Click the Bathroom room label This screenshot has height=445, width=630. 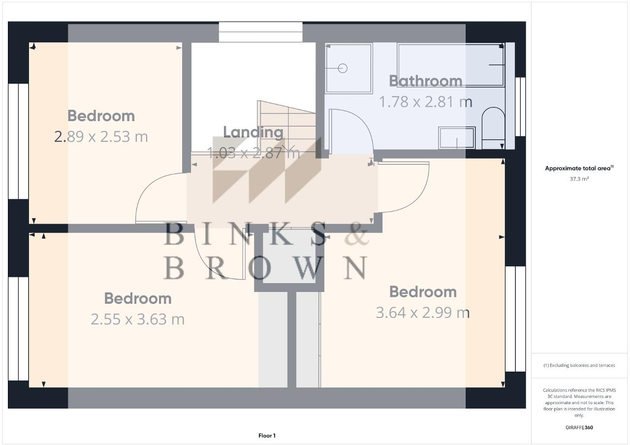pyautogui.click(x=425, y=81)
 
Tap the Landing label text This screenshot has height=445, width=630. pyautogui.click(x=253, y=132)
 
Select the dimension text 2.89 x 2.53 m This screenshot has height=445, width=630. pyautogui.click(x=101, y=136)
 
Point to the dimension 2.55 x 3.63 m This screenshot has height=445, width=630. pyautogui.click(x=137, y=319)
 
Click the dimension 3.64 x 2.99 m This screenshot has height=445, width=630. pyautogui.click(x=422, y=313)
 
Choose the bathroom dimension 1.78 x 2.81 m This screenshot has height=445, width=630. pyautogui.click(x=425, y=102)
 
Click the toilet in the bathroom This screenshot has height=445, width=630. pyautogui.click(x=493, y=128)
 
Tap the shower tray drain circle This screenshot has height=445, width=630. pyautogui.click(x=343, y=68)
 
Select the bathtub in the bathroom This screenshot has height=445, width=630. pyautogui.click(x=450, y=64)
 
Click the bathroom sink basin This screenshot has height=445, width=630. pyautogui.click(x=457, y=137)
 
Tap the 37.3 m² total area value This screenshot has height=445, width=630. pyautogui.click(x=579, y=179)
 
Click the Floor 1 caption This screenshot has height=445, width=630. pyautogui.click(x=267, y=436)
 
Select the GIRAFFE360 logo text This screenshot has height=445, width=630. pyautogui.click(x=579, y=427)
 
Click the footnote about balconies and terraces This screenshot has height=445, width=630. pyautogui.click(x=579, y=365)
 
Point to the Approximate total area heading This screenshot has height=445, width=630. pyautogui.click(x=579, y=168)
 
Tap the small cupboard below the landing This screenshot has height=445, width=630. pyautogui.click(x=289, y=256)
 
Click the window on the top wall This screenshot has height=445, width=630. pyautogui.click(x=260, y=32)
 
